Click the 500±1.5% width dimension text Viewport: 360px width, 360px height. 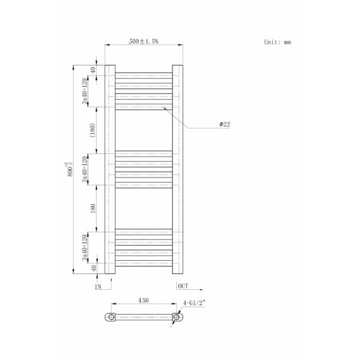coord(143,41)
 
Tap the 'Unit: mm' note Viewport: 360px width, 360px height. coord(277,42)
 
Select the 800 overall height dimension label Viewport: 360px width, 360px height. coord(70,169)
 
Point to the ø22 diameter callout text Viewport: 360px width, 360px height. coord(225,124)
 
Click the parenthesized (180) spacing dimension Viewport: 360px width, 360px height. coord(92,130)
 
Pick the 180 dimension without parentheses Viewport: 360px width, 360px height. coord(93,208)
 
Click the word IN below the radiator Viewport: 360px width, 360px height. coord(98,287)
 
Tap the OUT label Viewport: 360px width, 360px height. coord(183,286)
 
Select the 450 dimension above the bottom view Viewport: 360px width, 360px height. coord(143,300)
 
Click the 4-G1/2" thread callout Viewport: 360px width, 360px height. coord(194,303)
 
